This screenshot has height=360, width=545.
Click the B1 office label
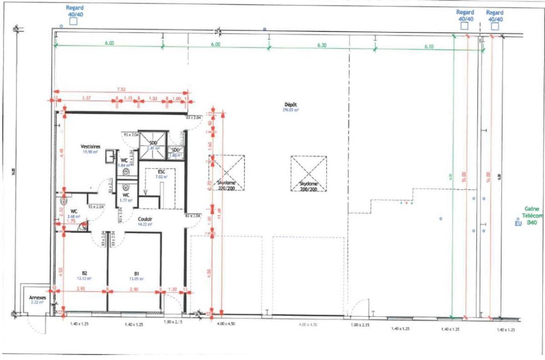(x=137, y=274)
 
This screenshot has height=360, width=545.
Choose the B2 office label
(x=84, y=274)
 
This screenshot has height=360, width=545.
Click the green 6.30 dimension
(x=321, y=45)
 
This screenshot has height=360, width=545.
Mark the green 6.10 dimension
(x=429, y=47)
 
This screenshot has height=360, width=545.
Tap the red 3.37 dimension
(x=87, y=98)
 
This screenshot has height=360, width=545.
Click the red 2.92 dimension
(x=81, y=289)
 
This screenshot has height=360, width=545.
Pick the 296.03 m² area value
(x=290, y=109)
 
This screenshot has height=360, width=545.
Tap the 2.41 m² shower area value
(x=153, y=148)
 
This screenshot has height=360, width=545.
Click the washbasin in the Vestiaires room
(x=110, y=156)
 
